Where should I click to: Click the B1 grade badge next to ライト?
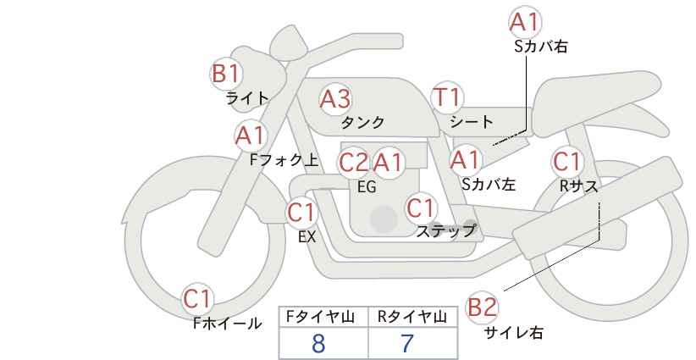226,74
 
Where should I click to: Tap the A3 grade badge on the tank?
335,99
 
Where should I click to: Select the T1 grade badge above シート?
447,97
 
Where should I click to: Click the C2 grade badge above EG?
353,163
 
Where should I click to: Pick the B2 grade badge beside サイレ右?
482,307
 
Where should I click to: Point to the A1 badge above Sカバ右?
526,22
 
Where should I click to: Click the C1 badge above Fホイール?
197,299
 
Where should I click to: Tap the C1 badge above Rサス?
567,162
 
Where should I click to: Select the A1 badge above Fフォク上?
251,136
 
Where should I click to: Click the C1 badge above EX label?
301,213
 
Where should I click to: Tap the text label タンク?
362,123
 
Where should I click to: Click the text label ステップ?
445,231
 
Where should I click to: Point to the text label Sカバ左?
489,184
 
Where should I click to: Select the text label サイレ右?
514,333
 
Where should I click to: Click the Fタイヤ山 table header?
320,317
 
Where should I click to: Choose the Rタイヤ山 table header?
412,317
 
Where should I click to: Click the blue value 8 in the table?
318,343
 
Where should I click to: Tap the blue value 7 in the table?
407,343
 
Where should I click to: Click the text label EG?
367,187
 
